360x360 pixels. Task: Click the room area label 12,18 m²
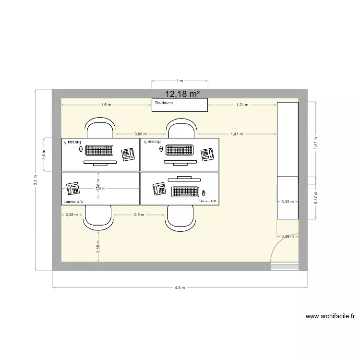point(182,95)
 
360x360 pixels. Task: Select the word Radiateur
point(164,103)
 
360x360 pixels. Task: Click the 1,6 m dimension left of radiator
point(106,105)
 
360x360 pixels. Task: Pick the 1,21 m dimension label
point(242,105)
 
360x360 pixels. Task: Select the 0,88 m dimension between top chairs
point(141,134)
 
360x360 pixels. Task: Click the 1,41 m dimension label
point(237,134)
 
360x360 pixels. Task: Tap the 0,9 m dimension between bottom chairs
point(139,215)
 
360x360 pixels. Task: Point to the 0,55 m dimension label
point(98,246)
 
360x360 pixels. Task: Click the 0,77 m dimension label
point(316,198)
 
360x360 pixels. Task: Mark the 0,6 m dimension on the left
point(44,155)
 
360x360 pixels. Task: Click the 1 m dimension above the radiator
point(179,81)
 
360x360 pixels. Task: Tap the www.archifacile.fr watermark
point(330,316)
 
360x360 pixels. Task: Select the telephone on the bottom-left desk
point(73,188)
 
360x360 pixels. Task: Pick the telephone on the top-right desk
point(207,154)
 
